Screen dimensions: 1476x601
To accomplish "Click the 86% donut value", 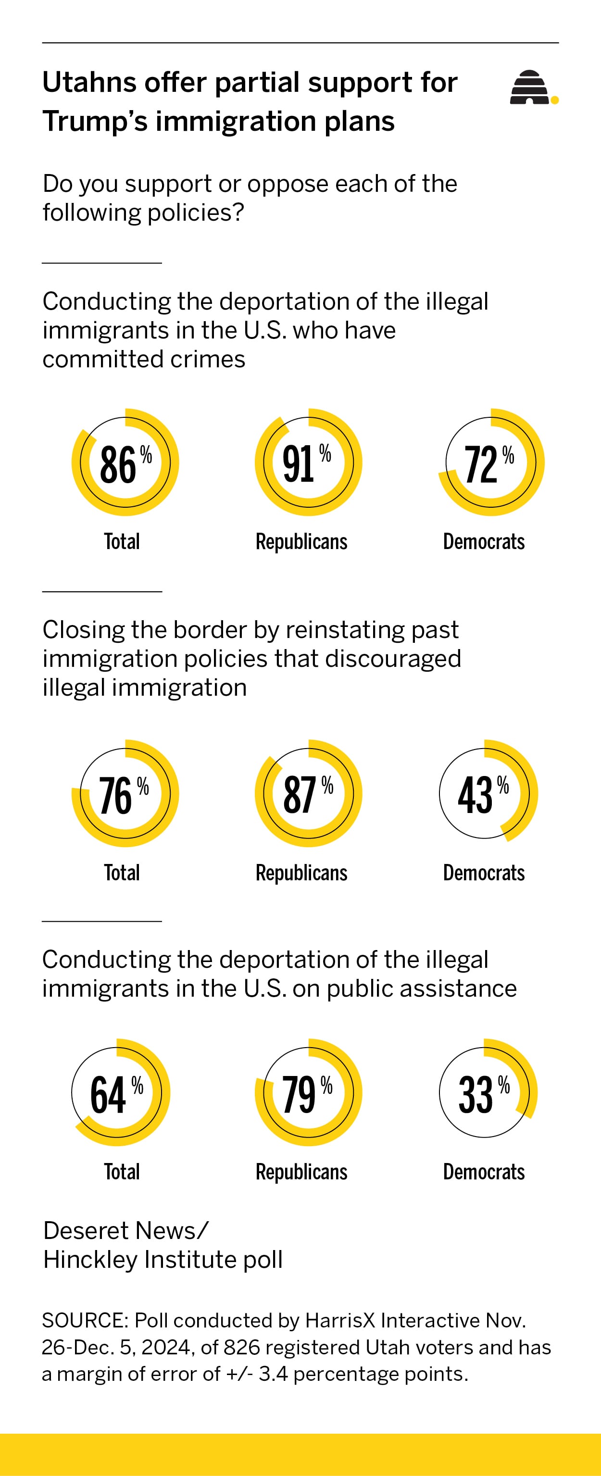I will pos(119,464).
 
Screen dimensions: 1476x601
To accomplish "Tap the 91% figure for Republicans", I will pos(299,464).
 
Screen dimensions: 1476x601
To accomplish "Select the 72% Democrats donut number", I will pos(482,464).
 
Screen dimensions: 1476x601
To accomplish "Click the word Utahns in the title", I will pos(89,83).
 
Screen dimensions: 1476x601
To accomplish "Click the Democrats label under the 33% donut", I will pos(484,1172).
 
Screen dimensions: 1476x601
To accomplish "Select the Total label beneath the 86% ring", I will pos(122,541).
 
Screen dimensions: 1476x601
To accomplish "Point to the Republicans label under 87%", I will pos(301,873).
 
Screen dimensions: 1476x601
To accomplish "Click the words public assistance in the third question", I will pos(422,988).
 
